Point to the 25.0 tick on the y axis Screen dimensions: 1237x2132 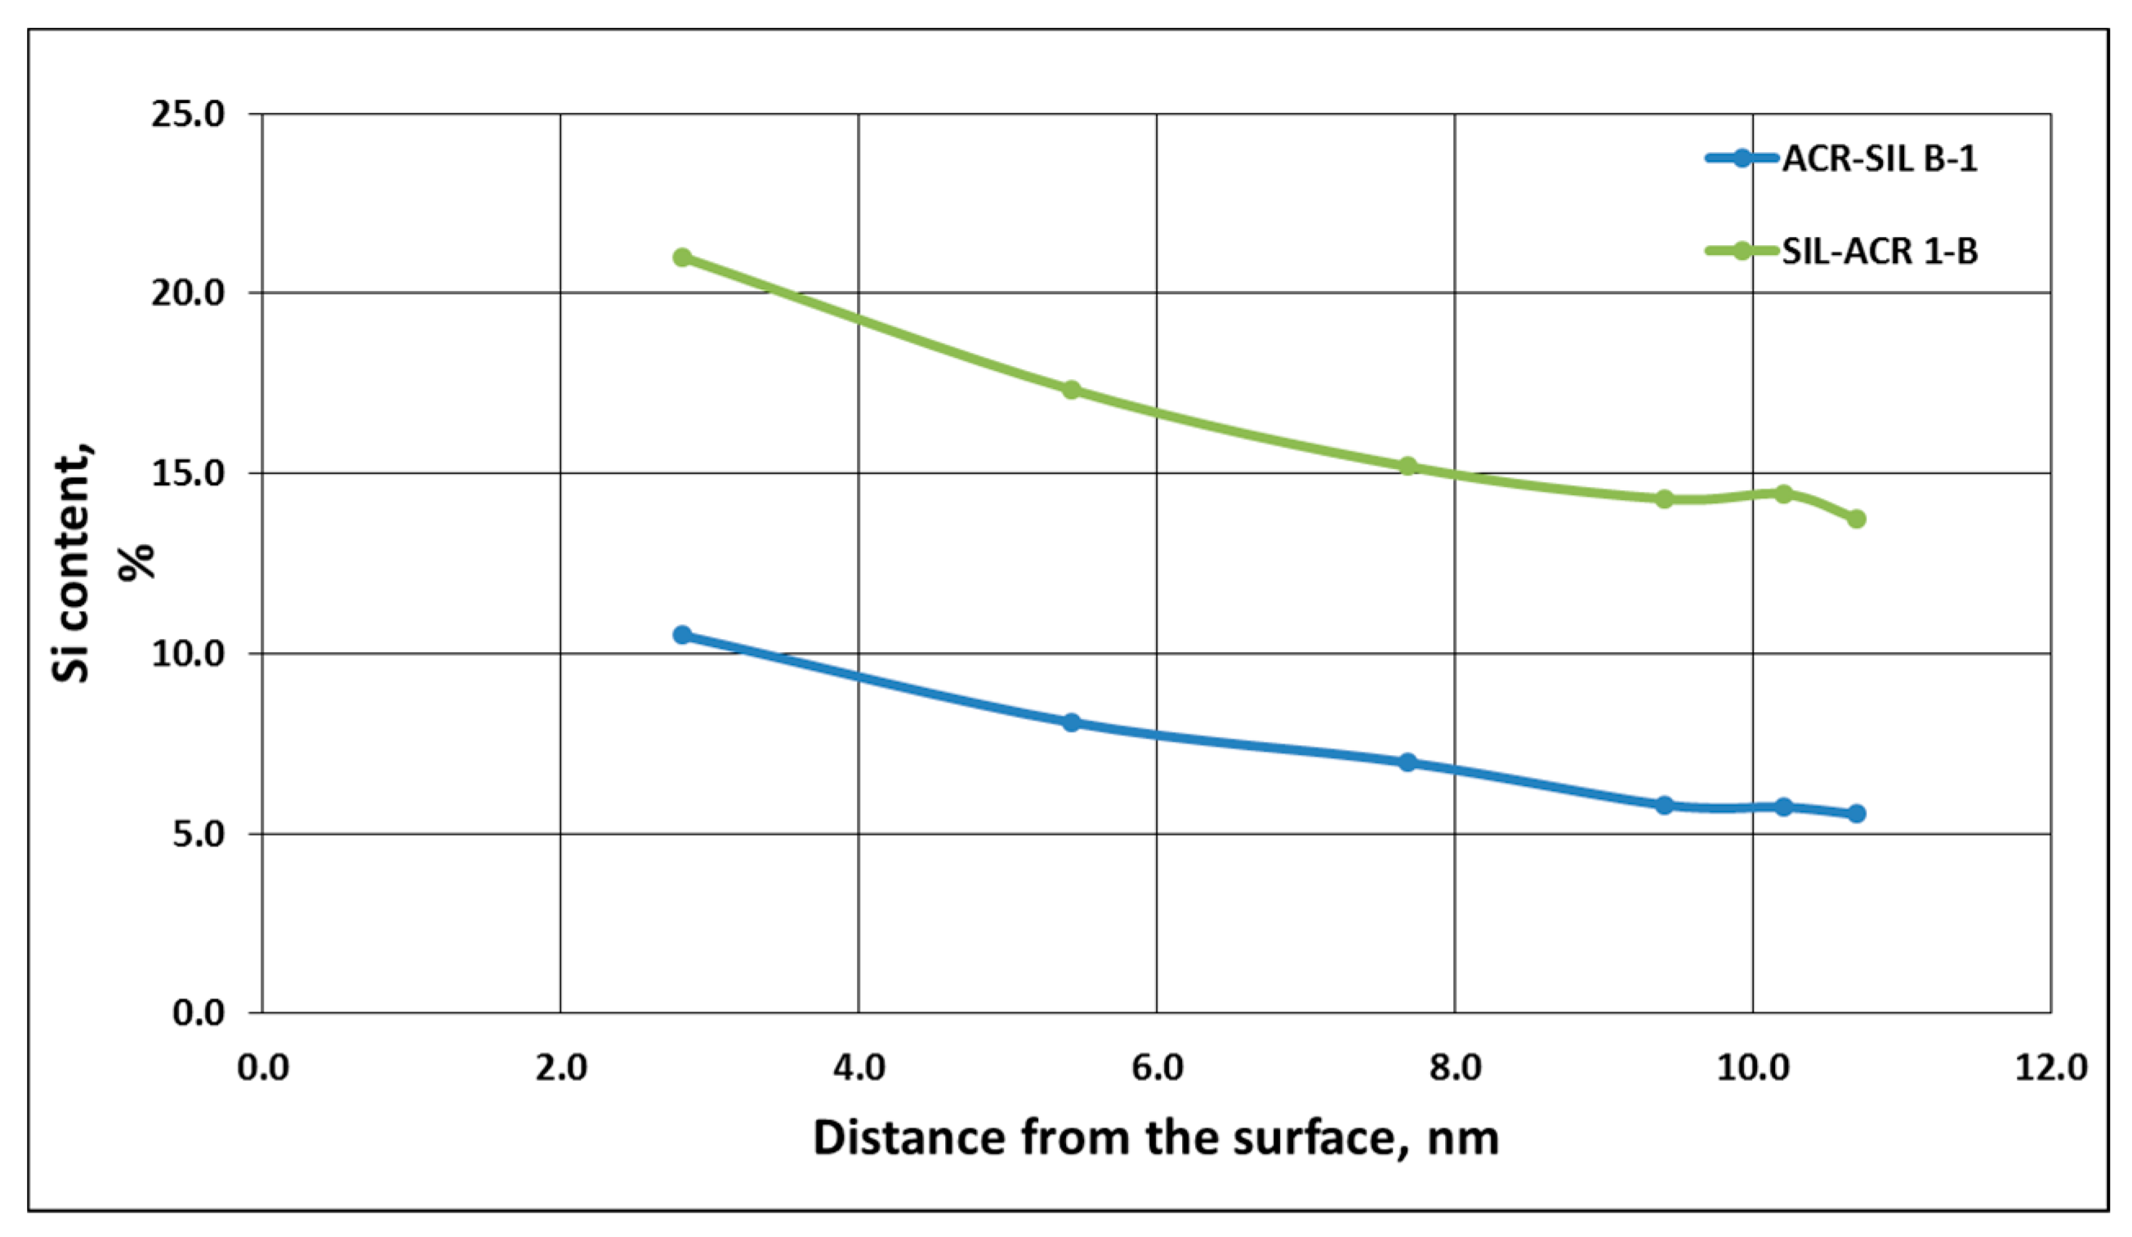pos(188,114)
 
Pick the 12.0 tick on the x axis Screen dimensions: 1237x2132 pos(2051,1068)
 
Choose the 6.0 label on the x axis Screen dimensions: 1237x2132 pos(1157,1068)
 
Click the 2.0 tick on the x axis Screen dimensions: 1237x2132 pos(561,1068)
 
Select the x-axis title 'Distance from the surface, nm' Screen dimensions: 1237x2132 pos(1156,1139)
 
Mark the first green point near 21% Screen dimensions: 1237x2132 pos(683,257)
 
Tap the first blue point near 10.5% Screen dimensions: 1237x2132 pos(683,635)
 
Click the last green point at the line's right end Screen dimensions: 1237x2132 pos(1856,519)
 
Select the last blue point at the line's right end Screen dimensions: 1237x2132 pos(1856,813)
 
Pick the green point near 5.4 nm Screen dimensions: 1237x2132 pos(1071,390)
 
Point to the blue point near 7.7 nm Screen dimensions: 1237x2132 pos(1407,762)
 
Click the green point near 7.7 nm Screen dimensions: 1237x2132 pos(1407,467)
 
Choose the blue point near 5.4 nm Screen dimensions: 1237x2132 pos(1071,722)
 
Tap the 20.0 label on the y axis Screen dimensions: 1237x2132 pos(188,293)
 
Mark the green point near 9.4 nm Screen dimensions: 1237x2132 pos(1664,499)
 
